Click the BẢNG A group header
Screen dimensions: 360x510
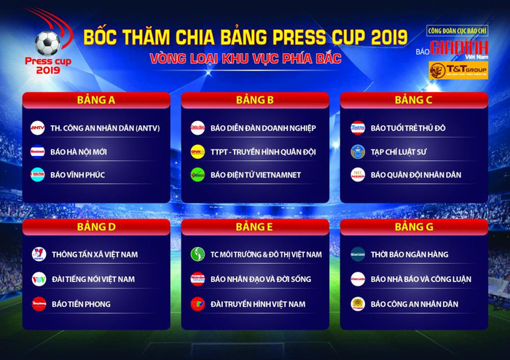[96, 100]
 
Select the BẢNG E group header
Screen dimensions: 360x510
[254, 227]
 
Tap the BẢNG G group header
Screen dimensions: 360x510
[414, 227]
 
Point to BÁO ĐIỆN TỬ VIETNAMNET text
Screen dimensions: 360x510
[256, 175]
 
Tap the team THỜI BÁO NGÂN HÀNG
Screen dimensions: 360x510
[409, 254]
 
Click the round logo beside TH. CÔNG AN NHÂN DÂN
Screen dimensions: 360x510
[38, 128]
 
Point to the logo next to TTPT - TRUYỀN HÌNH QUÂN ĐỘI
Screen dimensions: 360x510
[197, 152]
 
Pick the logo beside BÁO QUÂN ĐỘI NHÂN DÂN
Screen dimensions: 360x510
[358, 175]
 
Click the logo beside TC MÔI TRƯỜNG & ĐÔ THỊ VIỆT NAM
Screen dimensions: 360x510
[197, 254]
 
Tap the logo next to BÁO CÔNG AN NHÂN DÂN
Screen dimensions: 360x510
[358, 304]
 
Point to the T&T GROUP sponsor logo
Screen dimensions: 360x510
[458, 70]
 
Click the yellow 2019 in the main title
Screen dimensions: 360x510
[382, 36]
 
